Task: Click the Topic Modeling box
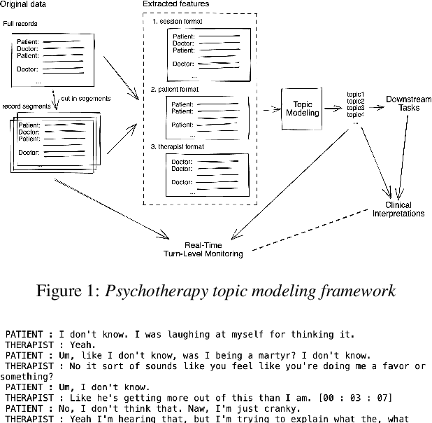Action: click(x=302, y=107)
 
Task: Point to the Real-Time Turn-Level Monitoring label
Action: click(x=214, y=249)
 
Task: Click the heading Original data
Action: click(x=25, y=4)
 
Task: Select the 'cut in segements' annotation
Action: click(x=85, y=99)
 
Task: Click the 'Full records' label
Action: click(x=20, y=25)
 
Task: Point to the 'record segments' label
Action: click(x=26, y=106)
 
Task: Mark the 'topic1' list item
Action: click(x=355, y=94)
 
